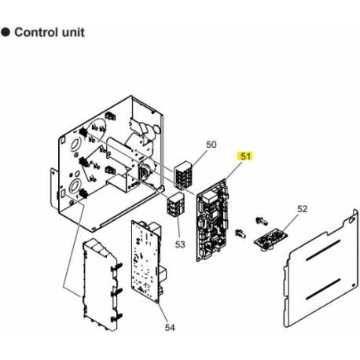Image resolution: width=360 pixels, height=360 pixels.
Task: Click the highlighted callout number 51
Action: [x=245, y=156]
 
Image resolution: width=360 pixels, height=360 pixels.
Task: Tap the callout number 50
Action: [x=211, y=145]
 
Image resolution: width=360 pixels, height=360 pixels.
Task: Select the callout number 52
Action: [x=302, y=209]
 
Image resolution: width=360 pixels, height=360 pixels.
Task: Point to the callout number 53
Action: [x=180, y=244]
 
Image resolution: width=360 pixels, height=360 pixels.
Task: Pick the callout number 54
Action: [x=170, y=327]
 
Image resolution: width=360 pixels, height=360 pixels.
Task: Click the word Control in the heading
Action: [x=36, y=32]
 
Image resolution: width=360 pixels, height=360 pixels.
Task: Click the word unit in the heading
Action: [x=73, y=32]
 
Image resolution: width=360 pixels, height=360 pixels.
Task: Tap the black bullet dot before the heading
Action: [x=6, y=32]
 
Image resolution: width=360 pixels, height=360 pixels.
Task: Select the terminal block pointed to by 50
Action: [x=182, y=174]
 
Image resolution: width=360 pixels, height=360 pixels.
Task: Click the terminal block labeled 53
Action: [x=175, y=204]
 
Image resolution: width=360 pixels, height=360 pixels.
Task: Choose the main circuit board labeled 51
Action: [x=213, y=220]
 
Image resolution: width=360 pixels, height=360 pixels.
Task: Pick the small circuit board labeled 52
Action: [x=270, y=239]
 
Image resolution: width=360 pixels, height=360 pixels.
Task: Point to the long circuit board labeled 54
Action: [x=147, y=262]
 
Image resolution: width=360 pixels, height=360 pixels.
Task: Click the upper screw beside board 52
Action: [x=262, y=221]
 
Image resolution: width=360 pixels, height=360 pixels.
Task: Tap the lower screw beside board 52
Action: [x=241, y=233]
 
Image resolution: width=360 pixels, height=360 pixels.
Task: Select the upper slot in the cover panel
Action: [x=323, y=250]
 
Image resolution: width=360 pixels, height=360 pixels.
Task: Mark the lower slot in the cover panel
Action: [x=323, y=289]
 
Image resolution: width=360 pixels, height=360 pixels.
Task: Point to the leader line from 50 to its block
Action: [x=200, y=156]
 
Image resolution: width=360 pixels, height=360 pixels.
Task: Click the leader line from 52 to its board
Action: [x=290, y=223]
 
